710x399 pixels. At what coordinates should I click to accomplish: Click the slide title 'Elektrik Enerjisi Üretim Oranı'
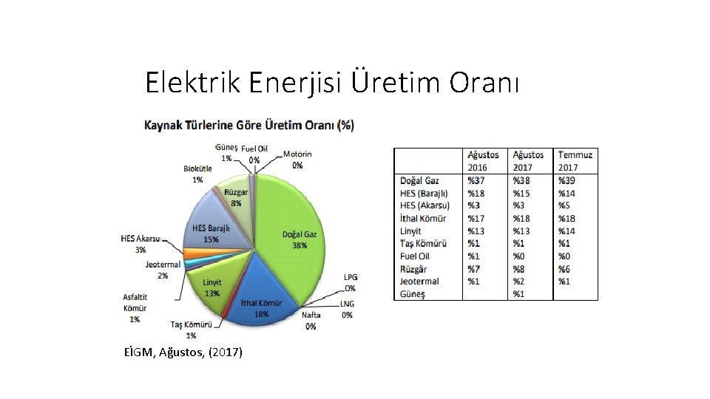coord(333,83)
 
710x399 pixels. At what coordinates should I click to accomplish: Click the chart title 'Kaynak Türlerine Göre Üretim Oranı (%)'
coord(248,125)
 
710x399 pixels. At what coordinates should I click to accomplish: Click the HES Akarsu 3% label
coord(141,244)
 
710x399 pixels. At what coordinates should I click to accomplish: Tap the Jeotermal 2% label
coord(162,270)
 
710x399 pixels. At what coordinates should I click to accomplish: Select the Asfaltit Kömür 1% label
coord(135,308)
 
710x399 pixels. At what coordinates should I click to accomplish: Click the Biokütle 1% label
coord(197,174)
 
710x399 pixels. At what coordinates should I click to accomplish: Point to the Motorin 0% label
coord(297,160)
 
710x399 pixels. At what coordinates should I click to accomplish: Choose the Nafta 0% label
coord(311,320)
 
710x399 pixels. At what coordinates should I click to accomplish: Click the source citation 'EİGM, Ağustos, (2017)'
coord(184,352)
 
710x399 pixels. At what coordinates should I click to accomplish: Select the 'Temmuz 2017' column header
coord(575,161)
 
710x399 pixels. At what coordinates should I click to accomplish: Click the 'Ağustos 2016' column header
coord(484,161)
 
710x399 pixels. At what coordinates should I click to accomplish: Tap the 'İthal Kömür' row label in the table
coord(423,218)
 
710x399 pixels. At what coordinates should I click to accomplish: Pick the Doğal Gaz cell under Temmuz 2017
coord(567,180)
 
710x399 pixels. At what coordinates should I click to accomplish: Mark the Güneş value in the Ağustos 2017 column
coord(519,293)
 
